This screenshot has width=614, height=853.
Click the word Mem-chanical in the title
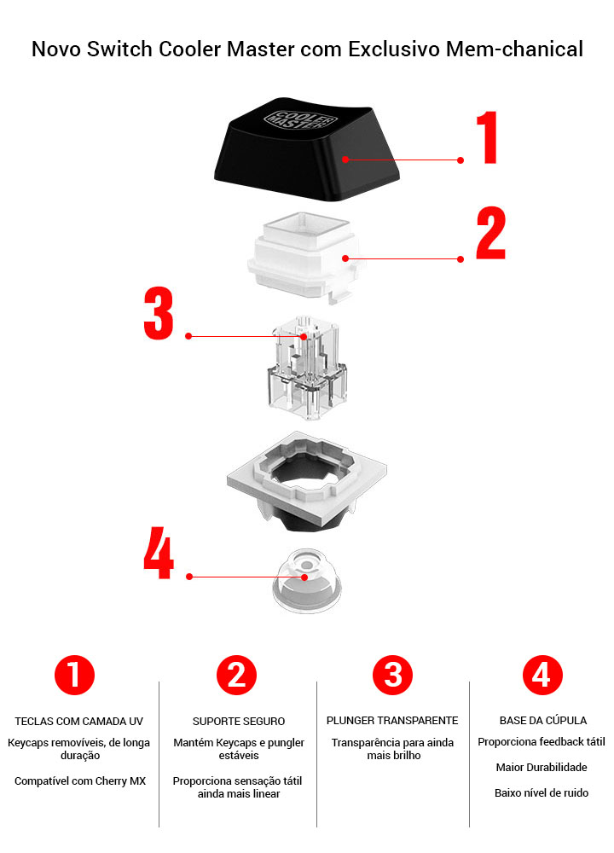(x=514, y=49)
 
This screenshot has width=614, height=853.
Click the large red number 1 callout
(x=488, y=136)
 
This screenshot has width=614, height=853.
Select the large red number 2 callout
(x=491, y=233)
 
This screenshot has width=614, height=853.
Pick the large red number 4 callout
(x=159, y=552)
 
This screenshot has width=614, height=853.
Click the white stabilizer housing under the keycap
(x=306, y=256)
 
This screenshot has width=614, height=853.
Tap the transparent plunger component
(x=307, y=368)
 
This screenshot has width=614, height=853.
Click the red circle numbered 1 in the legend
(x=74, y=675)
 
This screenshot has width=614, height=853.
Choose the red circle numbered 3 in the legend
(x=392, y=675)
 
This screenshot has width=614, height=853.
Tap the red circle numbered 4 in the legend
(x=542, y=675)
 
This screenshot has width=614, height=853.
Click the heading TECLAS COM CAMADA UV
(x=78, y=722)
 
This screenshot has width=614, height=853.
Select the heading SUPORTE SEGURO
(x=239, y=722)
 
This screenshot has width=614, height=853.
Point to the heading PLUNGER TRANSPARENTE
(x=392, y=720)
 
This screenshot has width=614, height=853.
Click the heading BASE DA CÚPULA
(x=542, y=720)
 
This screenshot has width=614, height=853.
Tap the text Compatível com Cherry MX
(x=80, y=780)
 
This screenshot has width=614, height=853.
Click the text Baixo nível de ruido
(x=542, y=792)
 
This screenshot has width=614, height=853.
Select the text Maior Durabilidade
(x=542, y=767)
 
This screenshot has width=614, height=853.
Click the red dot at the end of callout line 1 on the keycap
(x=345, y=159)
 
